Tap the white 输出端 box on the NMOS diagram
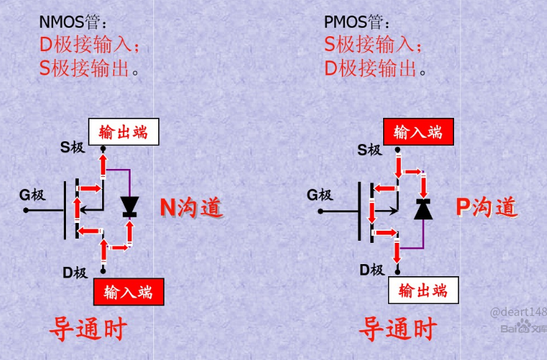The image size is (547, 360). (x=123, y=132)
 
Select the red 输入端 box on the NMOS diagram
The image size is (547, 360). (x=128, y=292)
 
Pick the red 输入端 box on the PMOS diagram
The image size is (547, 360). (x=418, y=132)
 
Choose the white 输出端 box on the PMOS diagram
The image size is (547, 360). (x=424, y=290)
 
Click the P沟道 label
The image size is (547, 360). (x=486, y=207)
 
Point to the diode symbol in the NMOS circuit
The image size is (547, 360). (x=129, y=206)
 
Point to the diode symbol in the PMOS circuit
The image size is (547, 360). (x=424, y=209)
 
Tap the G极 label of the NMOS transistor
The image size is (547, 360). (x=32, y=195)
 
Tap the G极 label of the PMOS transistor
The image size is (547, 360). (x=319, y=195)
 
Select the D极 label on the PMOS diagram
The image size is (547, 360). (x=372, y=270)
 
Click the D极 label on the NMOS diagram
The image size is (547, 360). (x=74, y=272)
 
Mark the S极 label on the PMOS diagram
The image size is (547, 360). (x=370, y=150)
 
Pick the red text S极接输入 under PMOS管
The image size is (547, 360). (x=373, y=45)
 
